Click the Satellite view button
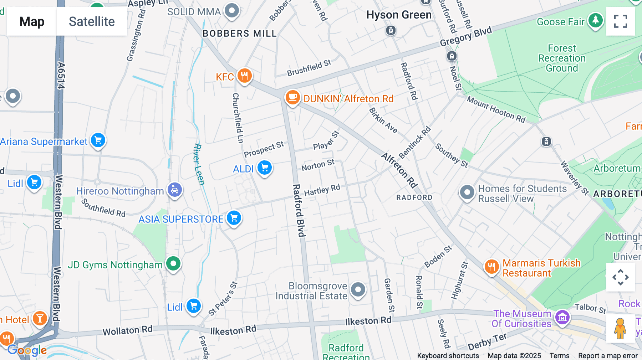coord(92,21)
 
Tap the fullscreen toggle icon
coord(620,21)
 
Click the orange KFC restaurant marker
coord(244,76)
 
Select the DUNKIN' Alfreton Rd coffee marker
coord(292,97)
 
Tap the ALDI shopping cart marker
coord(265,168)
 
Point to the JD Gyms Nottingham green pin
coord(173,264)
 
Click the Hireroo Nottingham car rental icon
coord(175,190)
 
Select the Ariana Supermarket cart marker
coord(98,140)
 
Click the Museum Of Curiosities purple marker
coord(562,317)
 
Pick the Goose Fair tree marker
coord(595,21)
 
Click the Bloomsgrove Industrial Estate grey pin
coord(358,290)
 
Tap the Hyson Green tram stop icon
coord(391,31)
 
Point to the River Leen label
coord(199,164)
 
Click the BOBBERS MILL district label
coord(240,34)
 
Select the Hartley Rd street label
coord(322,190)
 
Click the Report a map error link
coord(608,356)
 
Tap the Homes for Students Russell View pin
coord(467,193)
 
